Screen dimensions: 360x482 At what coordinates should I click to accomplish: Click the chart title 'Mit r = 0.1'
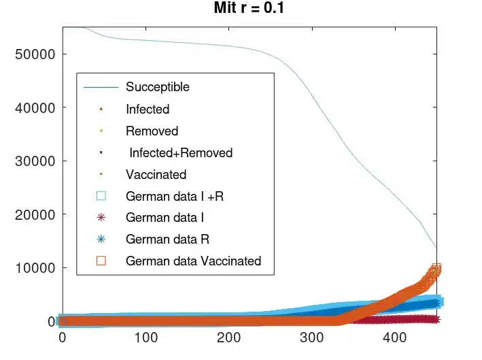coord(249,10)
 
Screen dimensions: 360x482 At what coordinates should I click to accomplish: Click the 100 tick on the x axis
coord(145,337)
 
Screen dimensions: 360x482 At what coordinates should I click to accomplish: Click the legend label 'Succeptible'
coord(158,87)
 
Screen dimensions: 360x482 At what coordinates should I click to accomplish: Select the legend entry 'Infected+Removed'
coord(180,153)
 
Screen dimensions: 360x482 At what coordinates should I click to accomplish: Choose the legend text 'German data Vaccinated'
coord(193,261)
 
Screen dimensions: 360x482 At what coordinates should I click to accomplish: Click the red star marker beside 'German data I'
coord(101,218)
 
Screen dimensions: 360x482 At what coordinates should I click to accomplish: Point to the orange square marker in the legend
coord(101,261)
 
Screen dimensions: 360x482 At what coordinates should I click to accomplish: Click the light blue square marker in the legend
coord(101,196)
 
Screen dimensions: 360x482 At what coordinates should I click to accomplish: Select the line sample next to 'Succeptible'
coord(101,87)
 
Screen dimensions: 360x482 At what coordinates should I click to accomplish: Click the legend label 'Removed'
coord(152,131)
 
